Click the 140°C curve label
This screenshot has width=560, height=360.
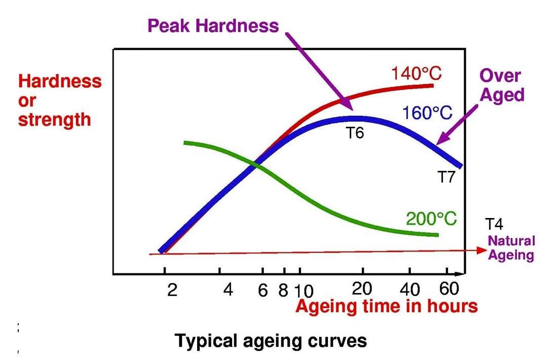(x=416, y=74)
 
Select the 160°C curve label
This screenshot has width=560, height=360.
(x=427, y=113)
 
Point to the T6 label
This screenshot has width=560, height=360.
(x=354, y=133)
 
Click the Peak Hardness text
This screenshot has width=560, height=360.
(x=213, y=25)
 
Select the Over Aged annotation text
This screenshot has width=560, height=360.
(x=501, y=85)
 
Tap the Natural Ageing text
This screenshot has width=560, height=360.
(x=511, y=248)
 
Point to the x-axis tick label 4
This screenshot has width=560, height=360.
(x=228, y=290)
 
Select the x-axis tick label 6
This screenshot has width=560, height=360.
(x=262, y=290)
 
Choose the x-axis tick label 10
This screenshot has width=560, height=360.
(x=304, y=291)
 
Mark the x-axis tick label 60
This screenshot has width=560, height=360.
(x=449, y=289)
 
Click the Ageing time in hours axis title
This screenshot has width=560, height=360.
(x=387, y=306)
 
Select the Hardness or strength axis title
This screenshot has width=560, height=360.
(x=60, y=100)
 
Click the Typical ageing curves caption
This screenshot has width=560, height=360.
(x=271, y=341)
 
